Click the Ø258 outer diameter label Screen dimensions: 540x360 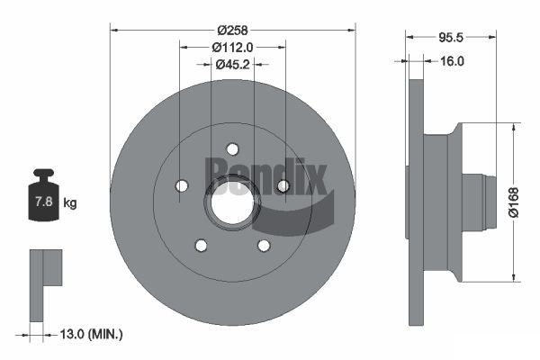pyautogui.click(x=232, y=31)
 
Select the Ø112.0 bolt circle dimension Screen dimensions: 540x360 pyautogui.click(x=232, y=47)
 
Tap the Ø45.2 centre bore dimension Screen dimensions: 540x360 pyautogui.click(x=232, y=64)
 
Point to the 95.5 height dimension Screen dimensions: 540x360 pyautogui.click(x=451, y=37)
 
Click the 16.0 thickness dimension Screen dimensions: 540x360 pyautogui.click(x=452, y=61)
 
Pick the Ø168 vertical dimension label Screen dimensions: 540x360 pyautogui.click(x=514, y=202)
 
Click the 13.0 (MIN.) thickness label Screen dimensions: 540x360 pyautogui.click(x=91, y=334)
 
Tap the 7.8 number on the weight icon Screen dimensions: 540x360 pyautogui.click(x=44, y=202)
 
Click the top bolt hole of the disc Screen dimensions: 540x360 pyautogui.click(x=232, y=149)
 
